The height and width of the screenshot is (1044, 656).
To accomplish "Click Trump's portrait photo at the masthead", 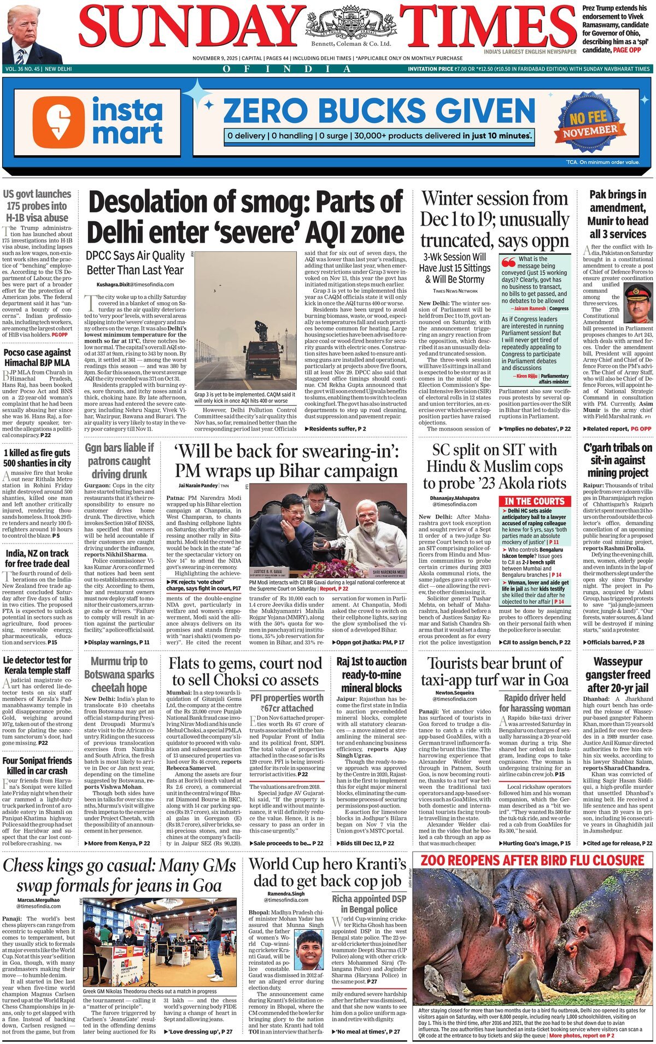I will point(32,36).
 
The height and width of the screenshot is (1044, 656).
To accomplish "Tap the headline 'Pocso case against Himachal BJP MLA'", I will point(37,357).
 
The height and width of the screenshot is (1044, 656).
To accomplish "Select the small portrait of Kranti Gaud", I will point(309,950).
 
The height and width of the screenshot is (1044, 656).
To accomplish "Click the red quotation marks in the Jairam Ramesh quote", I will point(508,261).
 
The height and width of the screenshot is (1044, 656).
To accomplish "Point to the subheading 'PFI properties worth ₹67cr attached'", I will point(287,703).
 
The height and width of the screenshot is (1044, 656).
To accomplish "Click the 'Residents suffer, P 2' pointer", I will point(335,429).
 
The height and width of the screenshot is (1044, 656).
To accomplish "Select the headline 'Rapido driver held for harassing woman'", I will point(535,703).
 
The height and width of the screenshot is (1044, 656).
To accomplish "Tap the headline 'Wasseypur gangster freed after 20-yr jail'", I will point(618,675).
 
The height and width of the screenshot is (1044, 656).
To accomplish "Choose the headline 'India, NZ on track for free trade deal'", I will point(37,558).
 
